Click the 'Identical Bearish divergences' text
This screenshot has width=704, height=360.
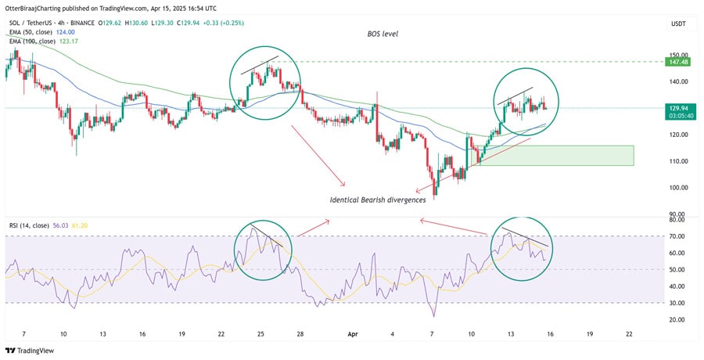pyautogui.click(x=377, y=200)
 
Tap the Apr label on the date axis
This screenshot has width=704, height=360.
pyautogui.click(x=352, y=333)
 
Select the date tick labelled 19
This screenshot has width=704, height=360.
pyautogui.click(x=181, y=333)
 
